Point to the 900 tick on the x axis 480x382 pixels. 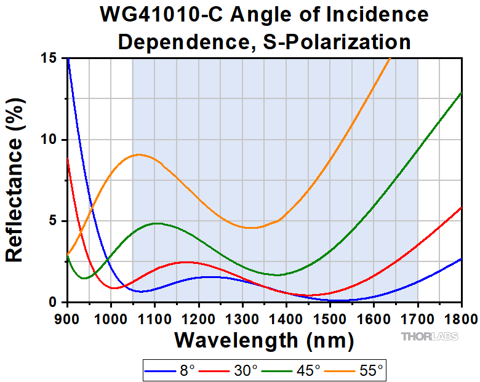pyautogui.click(x=68, y=318)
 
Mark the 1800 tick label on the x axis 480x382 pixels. pyautogui.click(x=461, y=318)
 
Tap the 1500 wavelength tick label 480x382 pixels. pyautogui.click(x=330, y=318)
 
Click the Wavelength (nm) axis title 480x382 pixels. pyautogui.click(x=264, y=339)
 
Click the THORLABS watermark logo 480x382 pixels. pyautogui.click(x=428, y=336)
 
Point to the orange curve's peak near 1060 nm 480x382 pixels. pyautogui.click(x=138, y=155)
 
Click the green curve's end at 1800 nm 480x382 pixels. pyautogui.click(x=461, y=92)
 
